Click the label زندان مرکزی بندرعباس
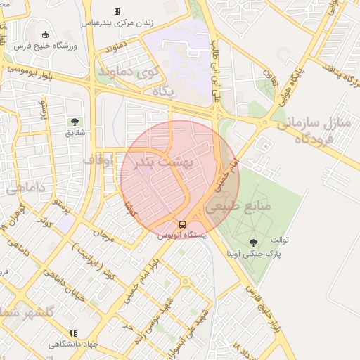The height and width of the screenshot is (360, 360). pyautogui.click(x=117, y=22)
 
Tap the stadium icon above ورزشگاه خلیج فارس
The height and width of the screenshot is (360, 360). pyautogui.click(x=46, y=35)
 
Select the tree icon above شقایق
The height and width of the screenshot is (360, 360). pyautogui.click(x=75, y=121)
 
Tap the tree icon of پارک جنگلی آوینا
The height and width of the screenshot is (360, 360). pyautogui.click(x=253, y=243)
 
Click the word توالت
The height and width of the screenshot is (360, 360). pyautogui.click(x=299, y=240)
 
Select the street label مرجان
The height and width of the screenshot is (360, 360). pyautogui.click(x=103, y=231)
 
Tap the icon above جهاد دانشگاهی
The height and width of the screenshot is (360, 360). pyautogui.click(x=72, y=334)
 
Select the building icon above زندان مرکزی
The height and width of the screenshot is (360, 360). pyautogui.click(x=117, y=11)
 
